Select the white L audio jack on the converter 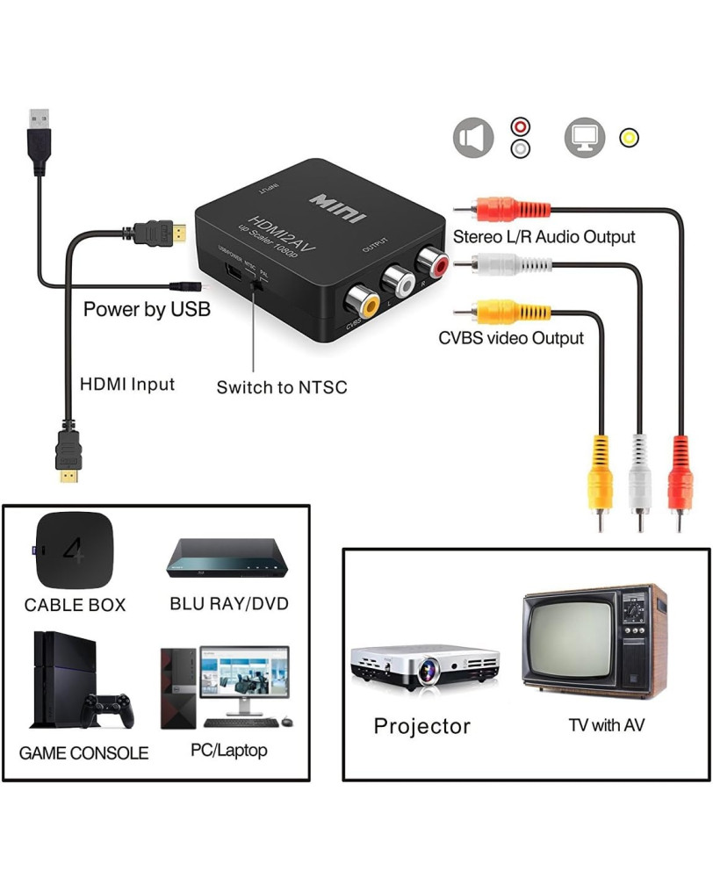pos(397,282)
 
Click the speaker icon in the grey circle pos(473,138)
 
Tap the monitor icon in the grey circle pos(585,138)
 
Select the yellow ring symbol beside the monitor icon pos(629,138)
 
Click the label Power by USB pos(147,309)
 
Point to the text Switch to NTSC pos(282,386)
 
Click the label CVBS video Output pos(511,338)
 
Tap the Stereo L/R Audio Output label pos(544,237)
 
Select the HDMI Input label pos(127,384)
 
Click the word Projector pos(421,726)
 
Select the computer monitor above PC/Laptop pos(243,677)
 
